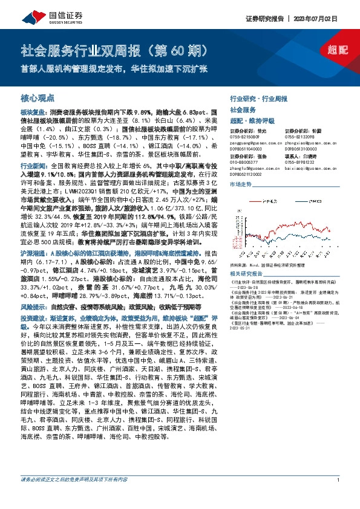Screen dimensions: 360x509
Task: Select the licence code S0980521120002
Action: click(x=249, y=174)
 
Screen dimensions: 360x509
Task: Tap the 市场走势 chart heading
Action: click(x=240, y=184)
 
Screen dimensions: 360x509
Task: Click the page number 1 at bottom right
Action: click(x=337, y=497)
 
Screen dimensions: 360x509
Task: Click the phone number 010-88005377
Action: click(x=244, y=163)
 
